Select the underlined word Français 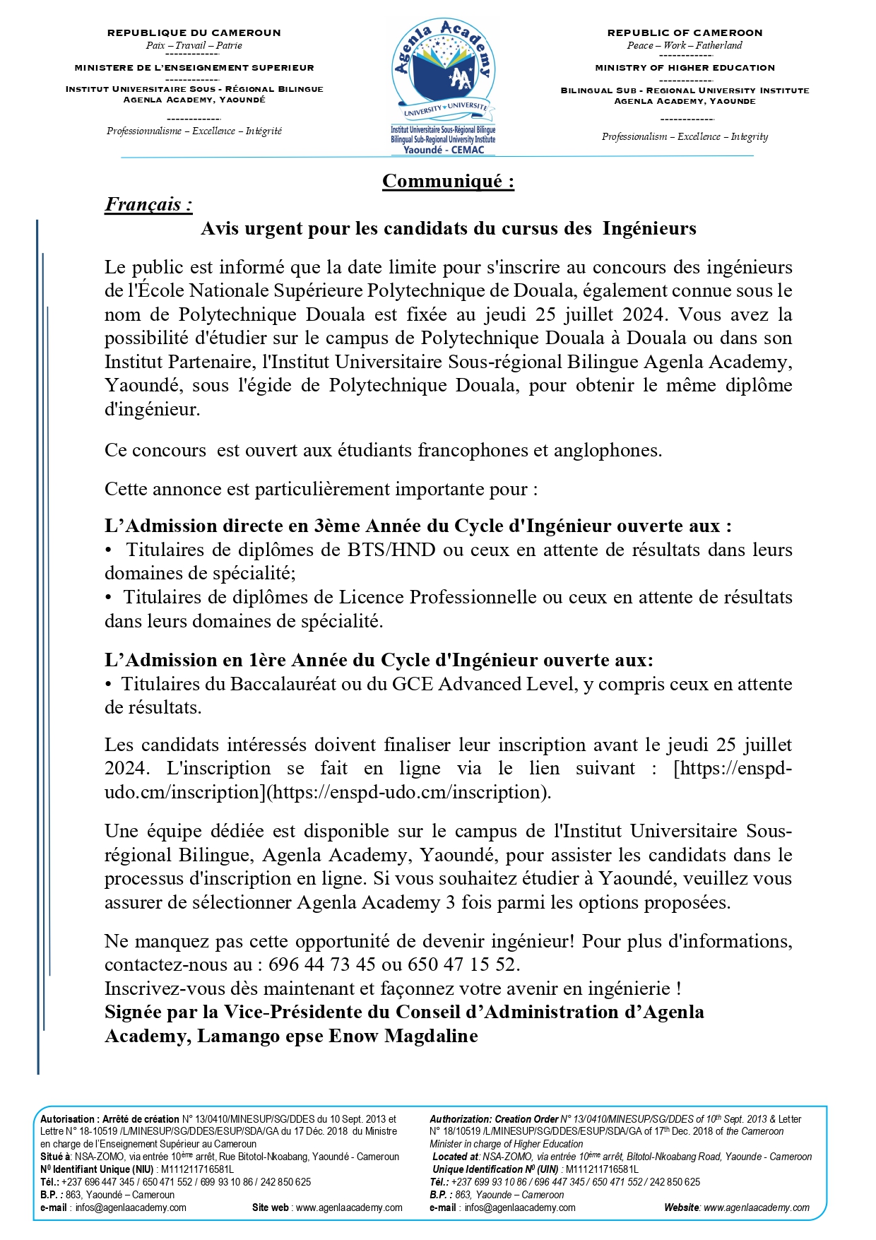point(148,205)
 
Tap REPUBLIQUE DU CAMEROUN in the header point(194,33)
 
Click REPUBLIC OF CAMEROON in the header point(685,33)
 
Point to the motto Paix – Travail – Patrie point(194,45)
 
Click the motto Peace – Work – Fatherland point(685,45)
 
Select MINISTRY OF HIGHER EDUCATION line point(685,68)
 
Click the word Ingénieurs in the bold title point(649,228)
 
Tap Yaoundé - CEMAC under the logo point(444,150)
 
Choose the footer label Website point(681,1207)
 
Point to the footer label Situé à point(57,1157)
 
